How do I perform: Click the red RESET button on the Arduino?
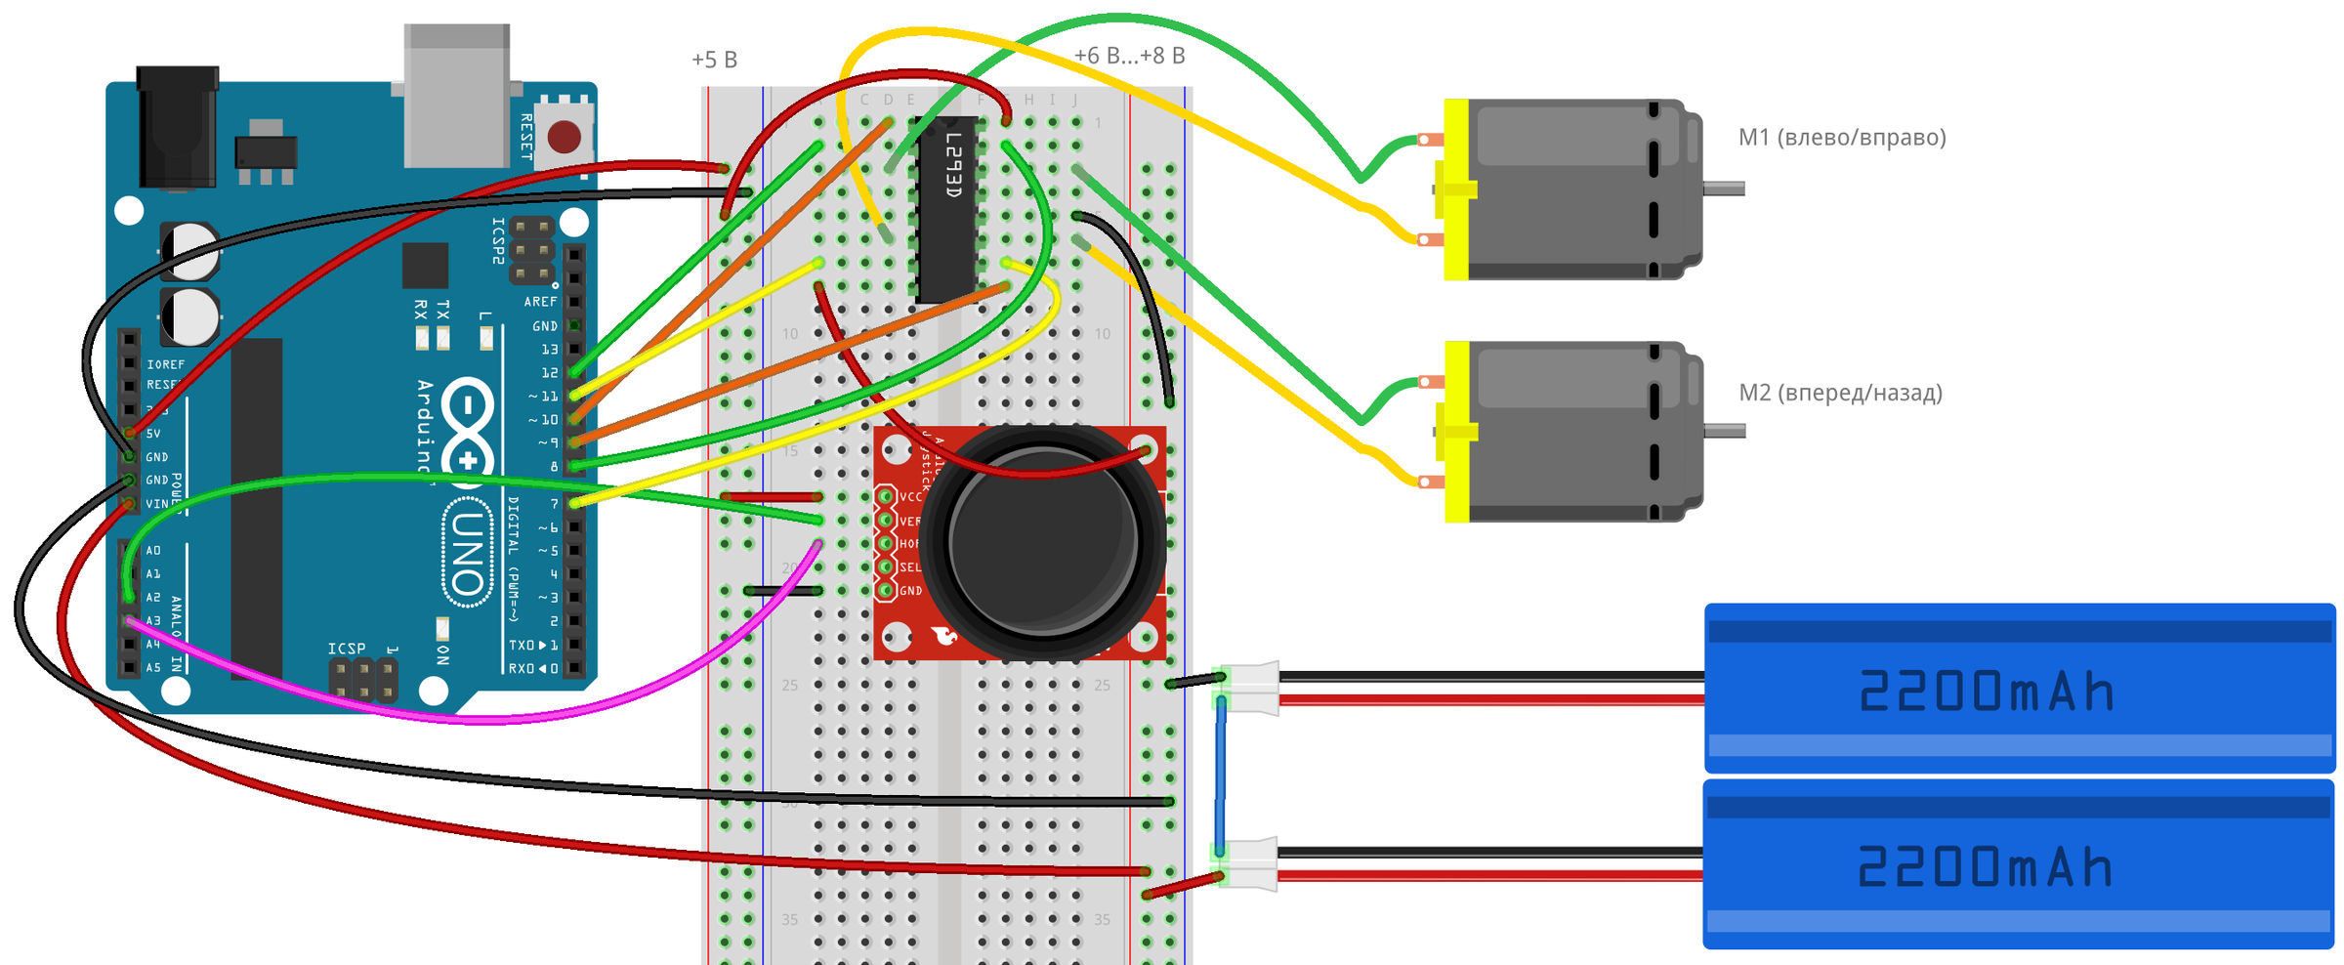pos(565,137)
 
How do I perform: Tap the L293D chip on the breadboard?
pos(946,210)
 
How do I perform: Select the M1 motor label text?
pos(1842,138)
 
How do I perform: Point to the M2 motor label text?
pos(1840,393)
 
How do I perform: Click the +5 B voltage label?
pos(714,61)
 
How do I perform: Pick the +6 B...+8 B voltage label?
pos(1129,57)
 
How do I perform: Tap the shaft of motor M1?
pos(1725,189)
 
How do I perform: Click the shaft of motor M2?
pos(1725,431)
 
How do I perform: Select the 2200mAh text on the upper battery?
pos(1987,692)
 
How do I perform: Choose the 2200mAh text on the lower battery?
pos(1985,867)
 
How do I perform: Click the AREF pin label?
pos(540,302)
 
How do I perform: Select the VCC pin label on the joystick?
pos(910,497)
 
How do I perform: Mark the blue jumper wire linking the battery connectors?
pos(1221,776)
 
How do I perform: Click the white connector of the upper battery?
pos(1252,688)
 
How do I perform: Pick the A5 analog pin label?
pos(153,668)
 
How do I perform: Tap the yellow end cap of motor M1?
pos(1456,189)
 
